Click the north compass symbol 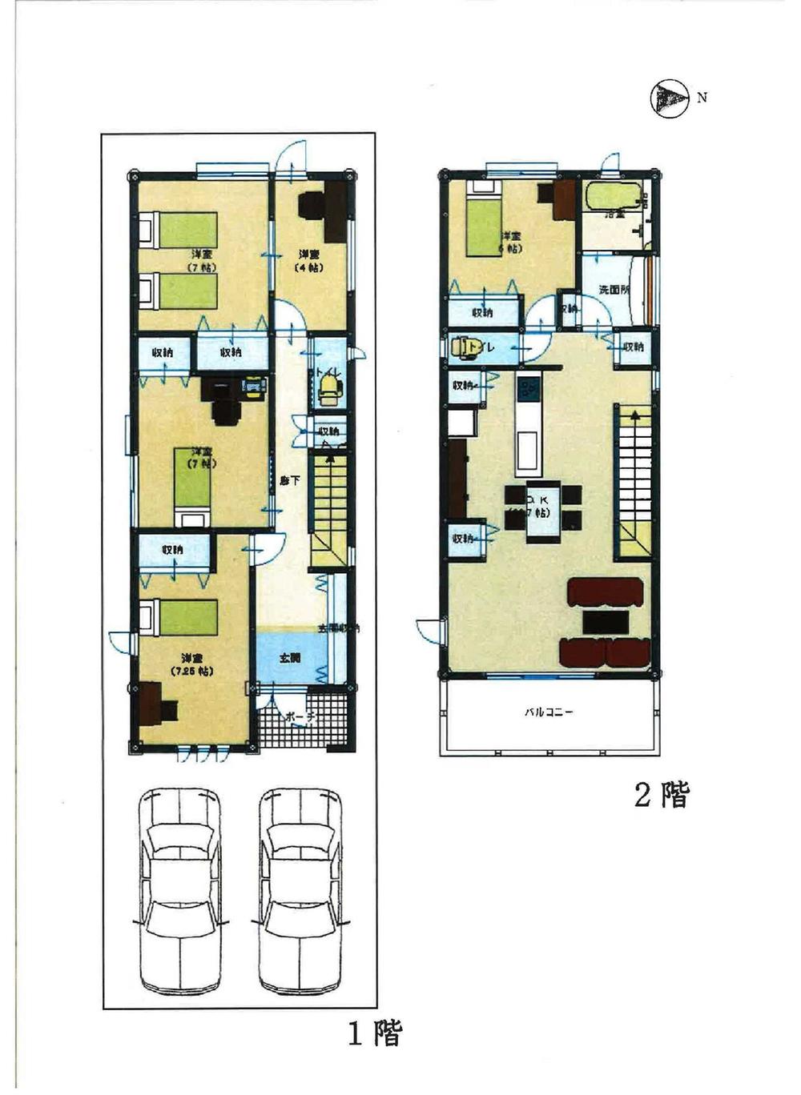(670, 99)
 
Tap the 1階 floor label (374, 1033)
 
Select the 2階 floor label (661, 795)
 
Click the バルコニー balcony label (549, 711)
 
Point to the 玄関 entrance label (290, 658)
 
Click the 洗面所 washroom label (614, 290)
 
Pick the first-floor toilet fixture (328, 390)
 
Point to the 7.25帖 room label (191, 664)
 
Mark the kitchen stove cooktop (529, 391)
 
